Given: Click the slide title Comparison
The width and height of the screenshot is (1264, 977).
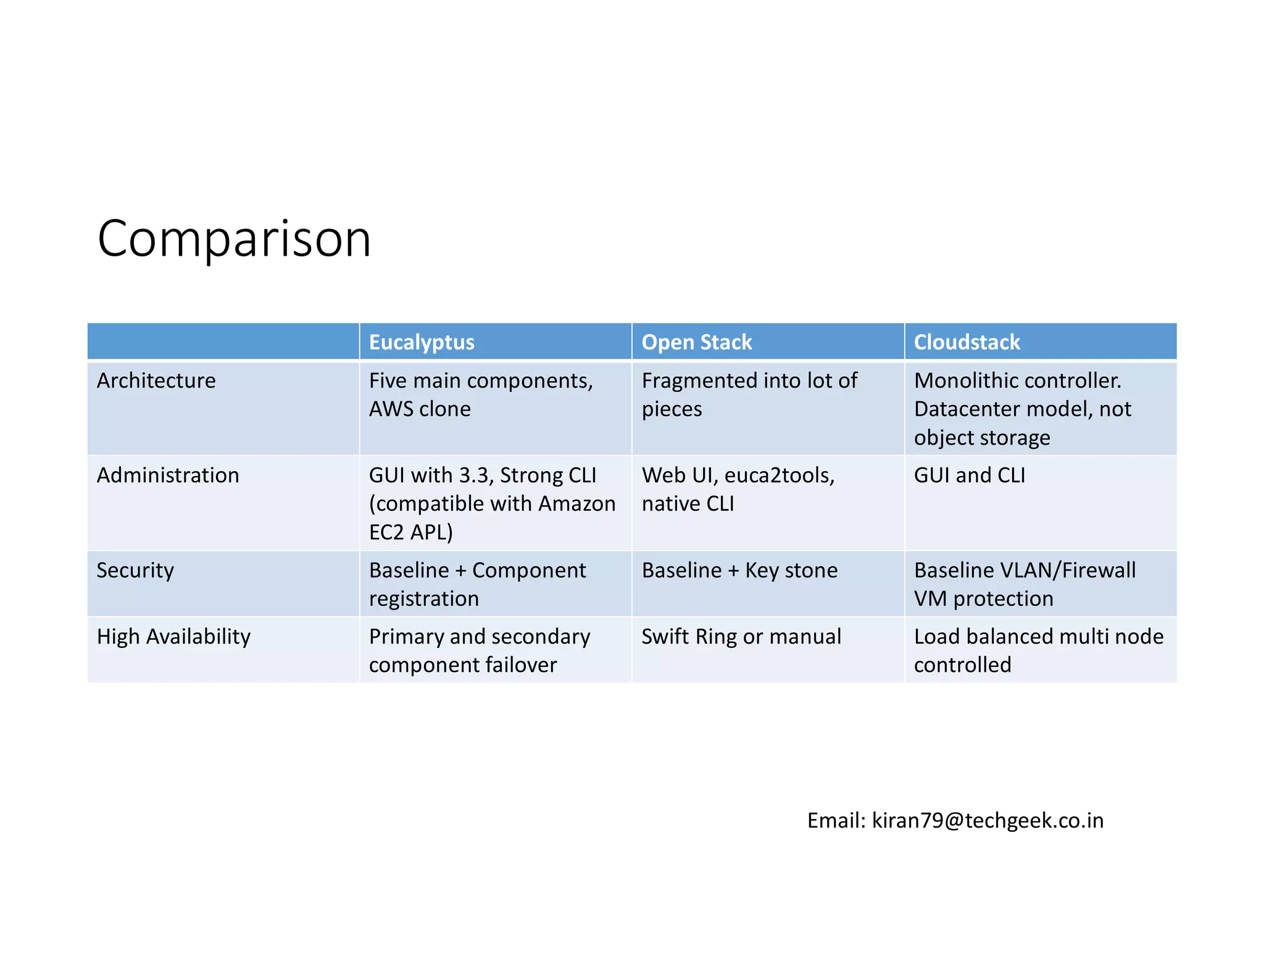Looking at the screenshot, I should (x=234, y=238).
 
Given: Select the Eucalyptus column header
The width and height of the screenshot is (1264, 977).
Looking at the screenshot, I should (x=422, y=342).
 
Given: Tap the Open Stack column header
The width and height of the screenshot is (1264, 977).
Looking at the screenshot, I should (x=696, y=342).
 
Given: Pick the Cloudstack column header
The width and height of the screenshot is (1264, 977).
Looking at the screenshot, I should (x=967, y=342).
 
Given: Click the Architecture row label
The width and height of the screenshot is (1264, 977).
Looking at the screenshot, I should (x=156, y=380).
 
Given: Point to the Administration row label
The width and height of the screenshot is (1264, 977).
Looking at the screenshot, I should (x=168, y=475).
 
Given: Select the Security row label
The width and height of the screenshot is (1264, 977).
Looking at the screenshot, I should (x=135, y=570).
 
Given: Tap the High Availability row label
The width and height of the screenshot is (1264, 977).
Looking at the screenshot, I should (x=173, y=636).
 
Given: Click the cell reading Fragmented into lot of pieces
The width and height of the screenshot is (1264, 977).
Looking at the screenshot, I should (x=749, y=395).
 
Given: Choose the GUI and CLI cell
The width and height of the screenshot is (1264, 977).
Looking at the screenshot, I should (x=969, y=475).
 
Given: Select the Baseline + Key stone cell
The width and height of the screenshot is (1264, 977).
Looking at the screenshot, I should (x=739, y=570).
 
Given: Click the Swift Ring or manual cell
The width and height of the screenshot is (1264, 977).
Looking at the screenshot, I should (x=741, y=636).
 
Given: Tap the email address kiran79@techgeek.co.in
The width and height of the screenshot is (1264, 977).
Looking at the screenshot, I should (x=987, y=820).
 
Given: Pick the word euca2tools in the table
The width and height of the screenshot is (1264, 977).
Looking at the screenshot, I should (x=779, y=475).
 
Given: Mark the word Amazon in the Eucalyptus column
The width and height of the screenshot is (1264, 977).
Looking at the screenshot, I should (x=576, y=503).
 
